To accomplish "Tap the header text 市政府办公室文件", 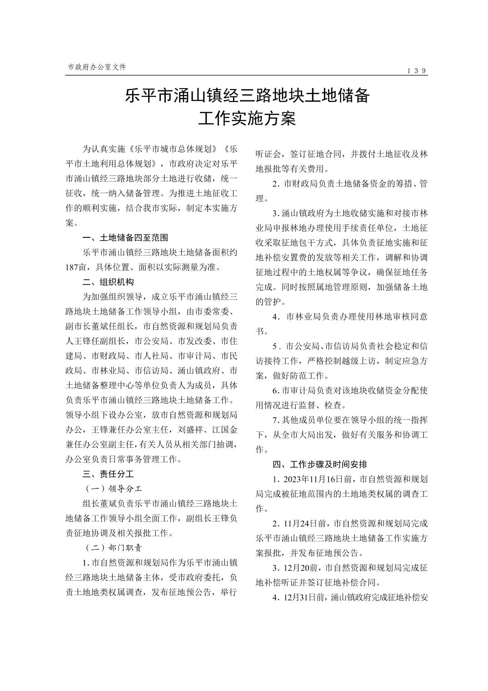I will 97,67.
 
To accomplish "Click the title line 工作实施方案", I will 247,119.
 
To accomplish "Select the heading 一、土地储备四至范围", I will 125,237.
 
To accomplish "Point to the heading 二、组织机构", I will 108,282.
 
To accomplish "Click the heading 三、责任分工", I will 108,474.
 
